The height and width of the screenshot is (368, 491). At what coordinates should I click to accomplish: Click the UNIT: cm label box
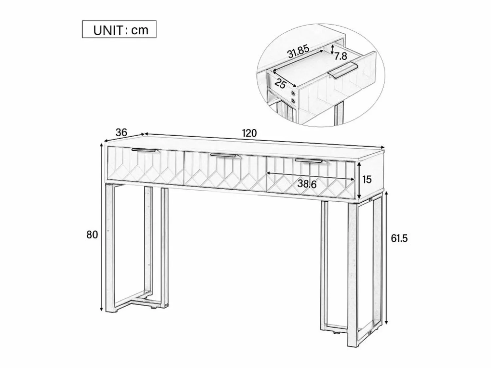119,29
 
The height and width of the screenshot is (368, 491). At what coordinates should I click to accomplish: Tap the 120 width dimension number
249,133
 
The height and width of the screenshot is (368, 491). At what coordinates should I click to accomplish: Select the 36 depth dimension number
121,132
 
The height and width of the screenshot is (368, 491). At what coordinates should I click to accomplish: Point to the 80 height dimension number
92,235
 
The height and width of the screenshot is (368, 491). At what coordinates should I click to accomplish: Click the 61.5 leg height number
399,239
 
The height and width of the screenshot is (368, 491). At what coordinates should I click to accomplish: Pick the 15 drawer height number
367,179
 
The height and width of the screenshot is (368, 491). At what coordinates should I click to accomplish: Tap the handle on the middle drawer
226,156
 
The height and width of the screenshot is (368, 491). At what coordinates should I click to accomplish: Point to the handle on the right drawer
310,161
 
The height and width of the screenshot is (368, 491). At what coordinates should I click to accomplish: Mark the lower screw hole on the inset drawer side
293,101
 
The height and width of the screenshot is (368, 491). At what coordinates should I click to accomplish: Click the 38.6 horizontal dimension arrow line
311,176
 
